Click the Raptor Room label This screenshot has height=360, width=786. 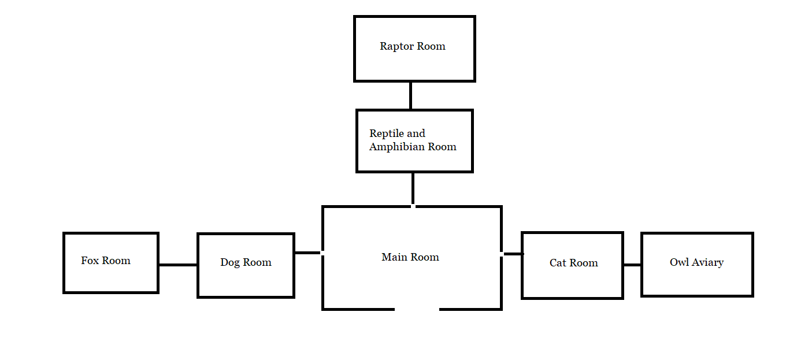pos(412,46)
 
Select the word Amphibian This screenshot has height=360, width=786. pos(395,147)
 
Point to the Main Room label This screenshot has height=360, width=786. pos(410,257)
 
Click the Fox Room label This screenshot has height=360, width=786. pos(105,261)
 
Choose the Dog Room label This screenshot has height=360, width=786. pos(246,262)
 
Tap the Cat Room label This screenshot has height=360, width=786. pos(573,263)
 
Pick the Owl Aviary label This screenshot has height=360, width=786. pos(696,262)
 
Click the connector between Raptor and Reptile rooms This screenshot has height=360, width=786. pos(410,95)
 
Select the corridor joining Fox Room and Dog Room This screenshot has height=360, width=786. pos(178,265)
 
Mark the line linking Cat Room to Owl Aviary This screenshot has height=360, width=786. pos(632,265)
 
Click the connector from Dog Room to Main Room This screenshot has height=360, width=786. pos(307,253)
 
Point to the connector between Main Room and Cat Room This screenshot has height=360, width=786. pos(513,254)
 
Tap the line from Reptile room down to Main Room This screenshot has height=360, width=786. pos(413,188)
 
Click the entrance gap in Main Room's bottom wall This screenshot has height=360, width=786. pos(417,309)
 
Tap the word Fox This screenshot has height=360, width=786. pos(90,261)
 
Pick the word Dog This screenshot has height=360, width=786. pos(230,262)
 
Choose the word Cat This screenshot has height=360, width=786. pos(558,263)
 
